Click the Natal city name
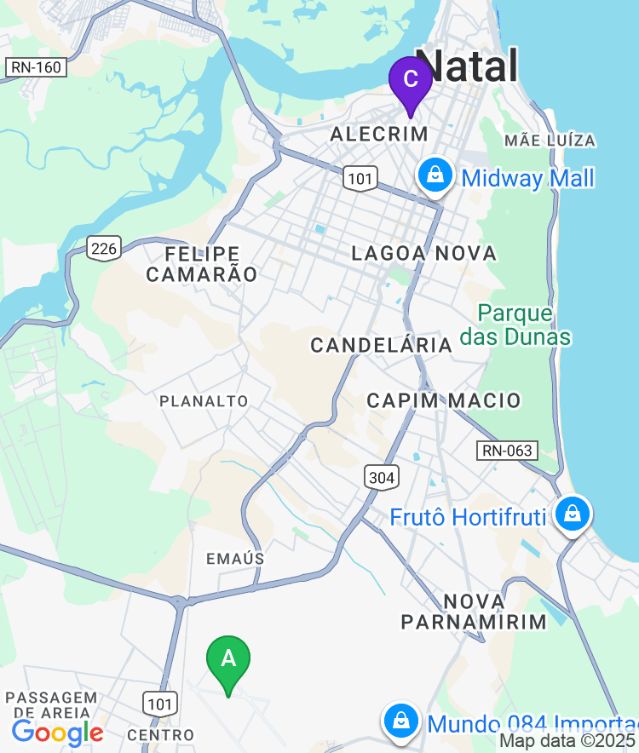point(468,66)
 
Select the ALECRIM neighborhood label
point(378,134)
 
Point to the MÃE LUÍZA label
point(550,141)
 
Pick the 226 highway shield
point(104,248)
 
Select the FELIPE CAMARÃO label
point(202,264)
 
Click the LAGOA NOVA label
point(423,253)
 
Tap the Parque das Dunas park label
point(515,325)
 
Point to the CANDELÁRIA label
point(381,345)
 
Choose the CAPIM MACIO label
point(443,400)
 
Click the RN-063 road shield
point(507,451)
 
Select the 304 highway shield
point(381,477)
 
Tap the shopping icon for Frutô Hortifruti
point(573,514)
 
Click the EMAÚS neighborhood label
point(235,559)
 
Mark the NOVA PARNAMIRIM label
point(474,611)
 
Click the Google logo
point(57,733)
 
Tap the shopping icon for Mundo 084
point(400,721)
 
